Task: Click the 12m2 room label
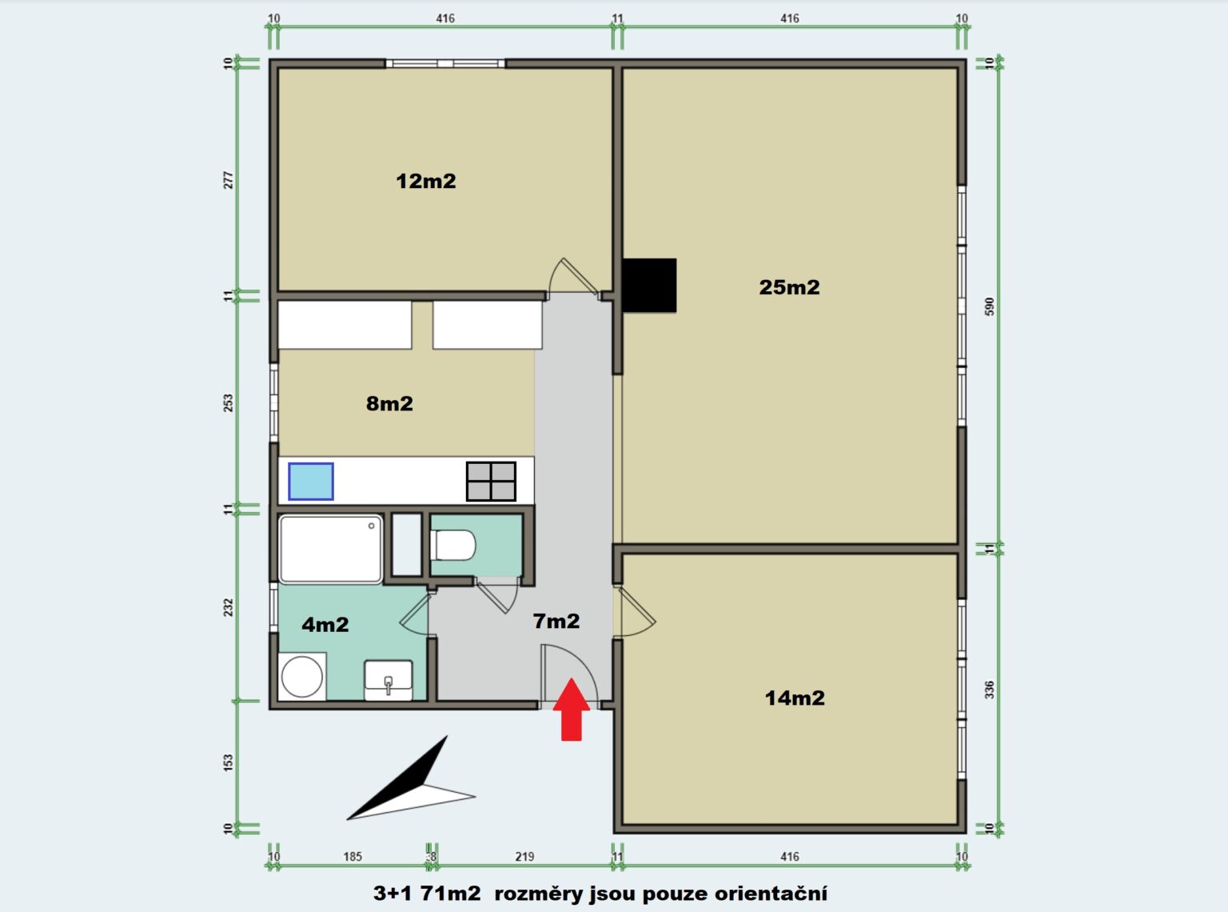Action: [426, 181]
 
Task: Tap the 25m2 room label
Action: [789, 287]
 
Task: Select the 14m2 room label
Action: [795, 698]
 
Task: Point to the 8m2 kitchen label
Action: [389, 403]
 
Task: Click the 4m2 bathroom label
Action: [325, 625]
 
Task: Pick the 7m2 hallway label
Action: [556, 621]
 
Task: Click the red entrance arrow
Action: [572, 710]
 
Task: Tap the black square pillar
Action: [649, 286]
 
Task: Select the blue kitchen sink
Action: [311, 482]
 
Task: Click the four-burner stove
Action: [491, 482]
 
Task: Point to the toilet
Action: [454, 546]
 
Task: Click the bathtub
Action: [330, 549]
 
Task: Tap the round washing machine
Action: [301, 677]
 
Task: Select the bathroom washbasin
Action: [388, 680]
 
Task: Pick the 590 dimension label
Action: [990, 306]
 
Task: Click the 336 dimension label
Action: [990, 690]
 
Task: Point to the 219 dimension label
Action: [525, 857]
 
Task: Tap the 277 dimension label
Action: [228, 180]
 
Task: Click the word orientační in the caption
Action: [771, 893]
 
